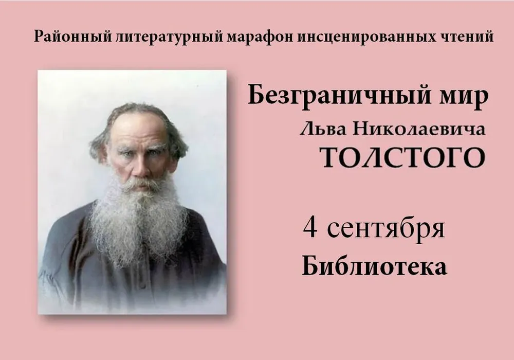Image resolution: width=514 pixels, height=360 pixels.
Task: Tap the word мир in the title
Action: tap(469, 99)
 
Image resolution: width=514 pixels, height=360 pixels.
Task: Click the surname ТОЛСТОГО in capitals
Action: tap(402, 157)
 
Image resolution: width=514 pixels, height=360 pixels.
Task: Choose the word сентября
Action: tap(386, 229)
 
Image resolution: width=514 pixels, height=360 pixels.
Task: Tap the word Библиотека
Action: tap(374, 266)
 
